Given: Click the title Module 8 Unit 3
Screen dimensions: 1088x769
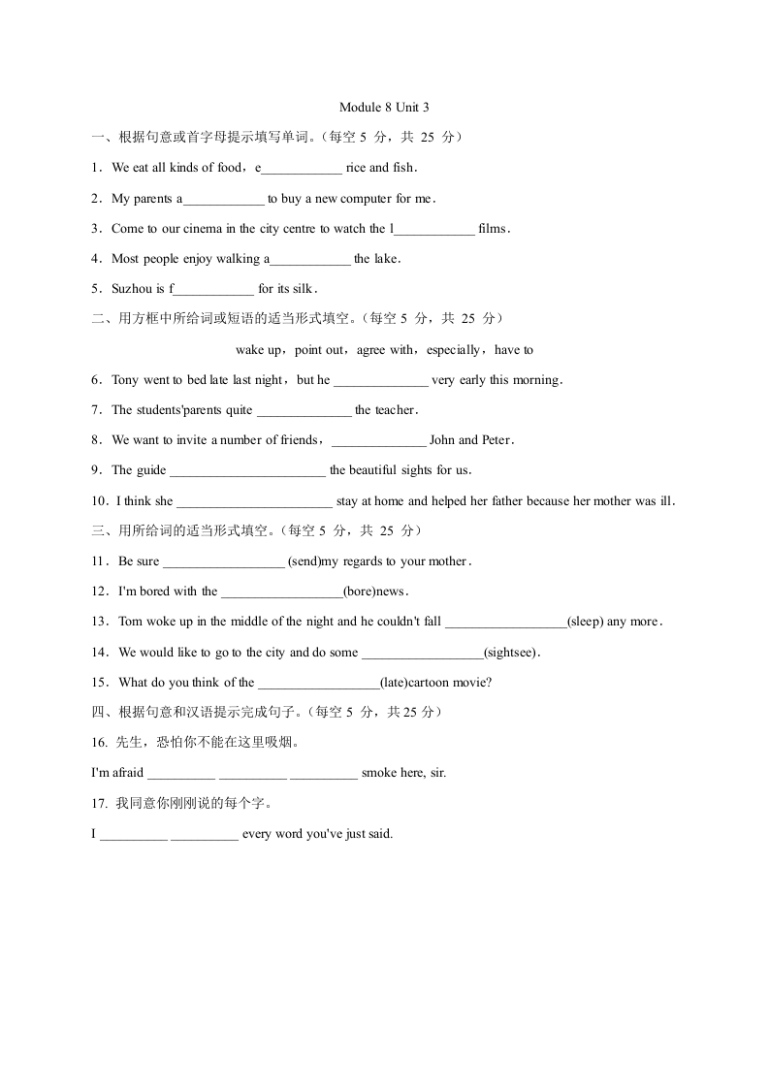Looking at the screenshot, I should tap(384, 108).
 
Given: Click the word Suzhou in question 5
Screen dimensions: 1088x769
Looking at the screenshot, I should tap(131, 289).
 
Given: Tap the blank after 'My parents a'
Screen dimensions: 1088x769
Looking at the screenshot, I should tap(224, 200).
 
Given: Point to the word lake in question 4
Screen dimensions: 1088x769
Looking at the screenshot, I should tap(385, 259).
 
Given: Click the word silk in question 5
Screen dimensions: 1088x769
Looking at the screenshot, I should tap(303, 289).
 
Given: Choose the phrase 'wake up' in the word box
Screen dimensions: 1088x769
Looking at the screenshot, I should tap(257, 350).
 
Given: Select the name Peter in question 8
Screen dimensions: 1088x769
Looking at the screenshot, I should tap(497, 440).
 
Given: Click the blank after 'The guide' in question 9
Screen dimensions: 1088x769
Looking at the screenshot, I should tap(247, 471).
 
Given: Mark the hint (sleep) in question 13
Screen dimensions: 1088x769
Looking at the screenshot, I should tap(585, 622).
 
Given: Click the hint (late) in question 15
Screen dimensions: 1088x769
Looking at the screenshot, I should tap(395, 683).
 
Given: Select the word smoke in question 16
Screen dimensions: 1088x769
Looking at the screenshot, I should tap(377, 773).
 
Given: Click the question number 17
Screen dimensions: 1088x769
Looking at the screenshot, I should tap(97, 803).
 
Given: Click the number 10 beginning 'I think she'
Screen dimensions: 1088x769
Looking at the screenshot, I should tap(98, 501).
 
